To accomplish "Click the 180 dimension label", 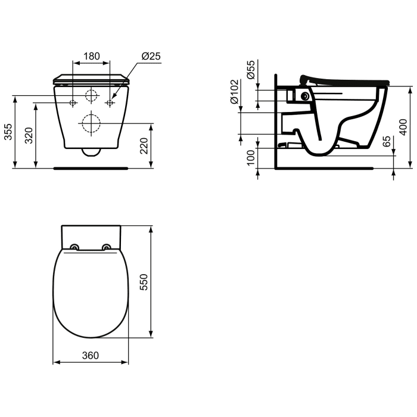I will coord(91,57).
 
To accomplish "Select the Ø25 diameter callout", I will coord(151,57).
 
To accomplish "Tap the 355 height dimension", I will coord(8,132).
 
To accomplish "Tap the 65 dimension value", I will coord(387,142).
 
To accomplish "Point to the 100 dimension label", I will coord(251,158).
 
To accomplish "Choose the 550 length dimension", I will coord(144,281).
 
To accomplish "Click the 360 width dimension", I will coord(91,356).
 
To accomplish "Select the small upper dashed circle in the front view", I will coord(91,96).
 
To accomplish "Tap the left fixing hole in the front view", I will coord(73,103).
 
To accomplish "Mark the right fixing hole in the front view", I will coord(110,103).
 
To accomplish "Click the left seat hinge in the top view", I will coord(74,248).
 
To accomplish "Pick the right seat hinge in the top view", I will coord(107,248).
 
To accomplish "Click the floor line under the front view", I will coord(91,169).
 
